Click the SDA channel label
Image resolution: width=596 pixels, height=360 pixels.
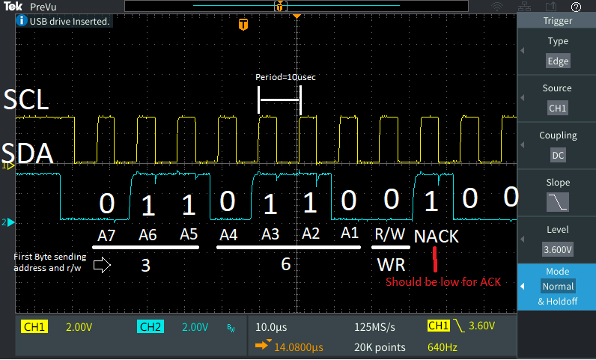(x=27, y=154)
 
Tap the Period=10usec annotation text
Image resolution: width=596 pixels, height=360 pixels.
(x=279, y=76)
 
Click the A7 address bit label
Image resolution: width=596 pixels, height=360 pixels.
(x=107, y=235)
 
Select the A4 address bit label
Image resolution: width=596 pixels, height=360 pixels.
(x=228, y=235)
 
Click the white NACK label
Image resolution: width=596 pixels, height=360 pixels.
(x=436, y=236)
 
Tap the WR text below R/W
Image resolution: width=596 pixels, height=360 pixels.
(x=391, y=264)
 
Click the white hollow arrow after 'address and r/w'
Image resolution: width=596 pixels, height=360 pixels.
(x=102, y=264)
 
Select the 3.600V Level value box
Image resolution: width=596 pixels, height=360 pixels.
(x=557, y=248)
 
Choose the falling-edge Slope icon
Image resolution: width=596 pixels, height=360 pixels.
(x=557, y=201)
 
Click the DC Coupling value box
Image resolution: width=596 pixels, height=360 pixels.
(x=557, y=155)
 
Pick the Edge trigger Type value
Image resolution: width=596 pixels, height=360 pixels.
(x=557, y=61)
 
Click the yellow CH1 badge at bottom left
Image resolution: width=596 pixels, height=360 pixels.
(x=34, y=327)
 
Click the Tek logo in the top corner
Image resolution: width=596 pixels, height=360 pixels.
(x=11, y=7)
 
